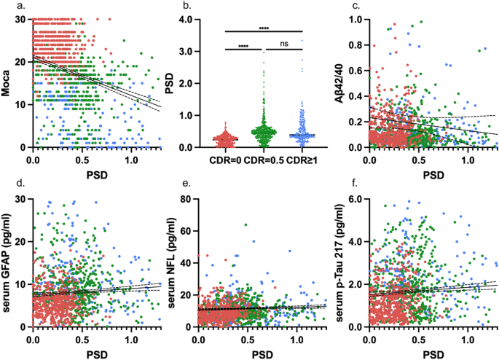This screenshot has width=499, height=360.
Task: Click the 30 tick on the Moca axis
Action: (21, 19)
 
